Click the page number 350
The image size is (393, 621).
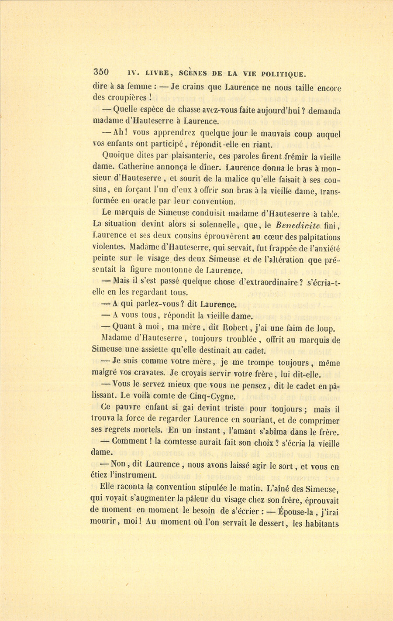[100, 72]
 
